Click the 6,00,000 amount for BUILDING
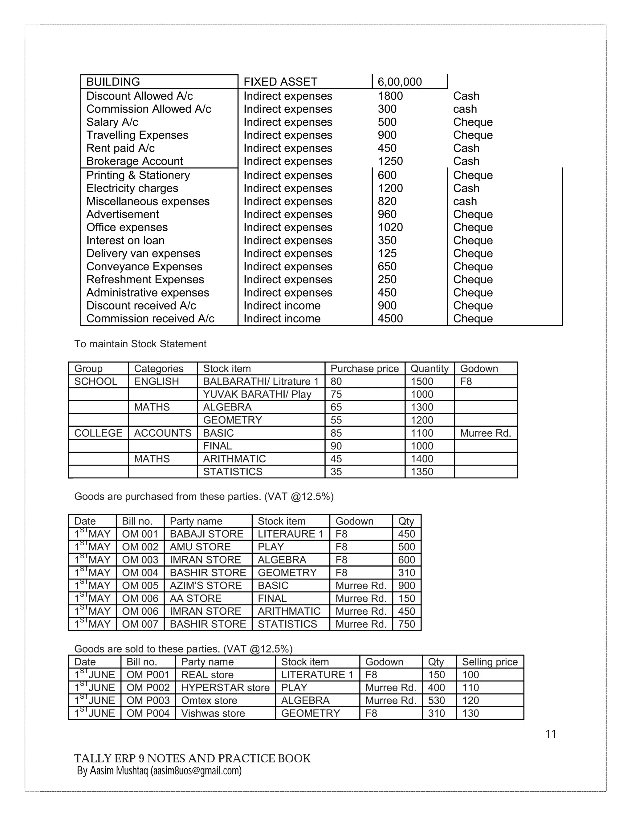pyautogui.click(x=399, y=82)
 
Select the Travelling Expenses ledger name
pyautogui.click(x=137, y=135)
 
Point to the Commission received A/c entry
pyautogui.click(x=150, y=318)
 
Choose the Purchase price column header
pyautogui.click(x=364, y=368)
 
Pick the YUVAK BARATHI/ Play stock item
pyautogui.click(x=257, y=394)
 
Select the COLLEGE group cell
pyautogui.click(x=98, y=433)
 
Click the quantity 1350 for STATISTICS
pyautogui.click(x=422, y=471)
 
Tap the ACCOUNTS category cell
pyautogui.click(x=163, y=433)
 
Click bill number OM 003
pyautogui.click(x=140, y=560)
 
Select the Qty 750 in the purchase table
pyautogui.click(x=406, y=624)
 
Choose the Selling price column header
pyautogui.click(x=490, y=662)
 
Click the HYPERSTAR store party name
pyautogui.click(x=225, y=688)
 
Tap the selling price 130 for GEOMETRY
pyautogui.click(x=470, y=713)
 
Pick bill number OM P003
pyautogui.click(x=148, y=700)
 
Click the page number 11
pyautogui.click(x=551, y=734)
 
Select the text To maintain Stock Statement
pyautogui.click(x=140, y=344)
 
